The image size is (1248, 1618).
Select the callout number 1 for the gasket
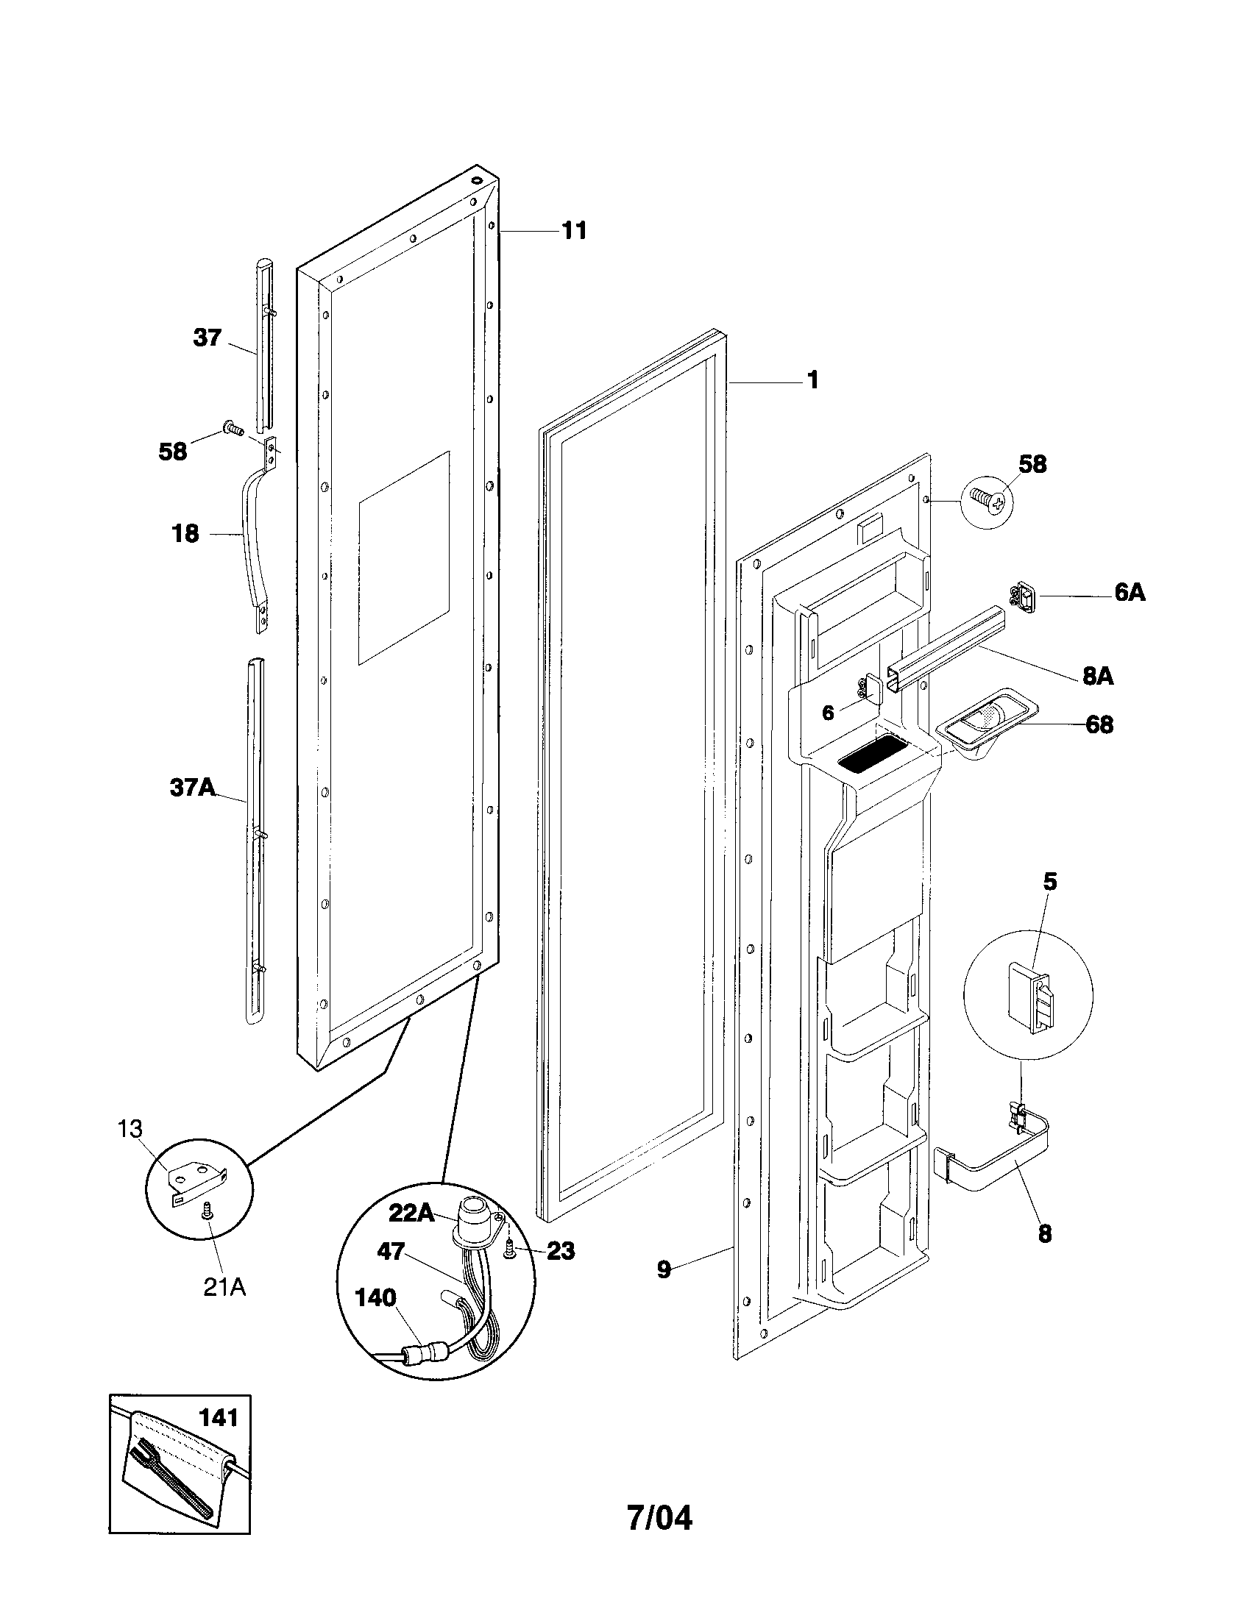pos(813,380)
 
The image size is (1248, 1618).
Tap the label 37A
pos(193,787)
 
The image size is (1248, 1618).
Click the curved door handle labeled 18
pos(250,541)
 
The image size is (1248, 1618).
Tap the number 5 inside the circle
pos(1049,882)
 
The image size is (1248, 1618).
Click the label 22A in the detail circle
pos(412,1213)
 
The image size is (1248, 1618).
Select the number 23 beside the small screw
pos(560,1250)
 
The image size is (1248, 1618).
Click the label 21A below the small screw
pos(224,1288)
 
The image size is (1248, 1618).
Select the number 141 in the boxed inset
pos(219,1418)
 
